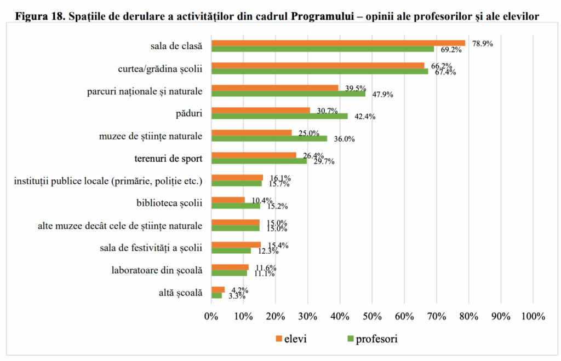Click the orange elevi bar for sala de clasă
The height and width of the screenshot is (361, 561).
pyautogui.click(x=338, y=43)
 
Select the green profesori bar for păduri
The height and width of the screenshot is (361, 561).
pyautogui.click(x=279, y=116)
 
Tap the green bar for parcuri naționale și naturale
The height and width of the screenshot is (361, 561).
pyautogui.click(x=288, y=94)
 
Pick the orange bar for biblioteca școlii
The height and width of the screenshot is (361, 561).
pyautogui.click(x=228, y=200)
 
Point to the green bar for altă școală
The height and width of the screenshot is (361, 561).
pyautogui.click(x=216, y=295)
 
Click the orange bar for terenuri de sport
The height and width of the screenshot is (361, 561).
pyautogui.click(x=254, y=155)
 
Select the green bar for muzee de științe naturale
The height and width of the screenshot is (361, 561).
pyautogui.click(x=269, y=138)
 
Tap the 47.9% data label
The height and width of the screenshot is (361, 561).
pyautogui.click(x=383, y=94)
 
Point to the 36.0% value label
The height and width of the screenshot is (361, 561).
pyautogui.click(x=345, y=139)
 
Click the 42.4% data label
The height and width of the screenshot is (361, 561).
pyautogui.click(x=365, y=117)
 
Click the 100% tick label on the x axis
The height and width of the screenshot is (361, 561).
pyautogui.click(x=533, y=317)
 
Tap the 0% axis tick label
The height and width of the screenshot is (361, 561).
pyautogui.click(x=211, y=317)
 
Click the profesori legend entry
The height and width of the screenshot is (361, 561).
pyautogui.click(x=372, y=339)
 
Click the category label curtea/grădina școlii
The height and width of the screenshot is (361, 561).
pyautogui.click(x=160, y=69)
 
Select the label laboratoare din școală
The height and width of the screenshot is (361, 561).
pyautogui.click(x=157, y=270)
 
